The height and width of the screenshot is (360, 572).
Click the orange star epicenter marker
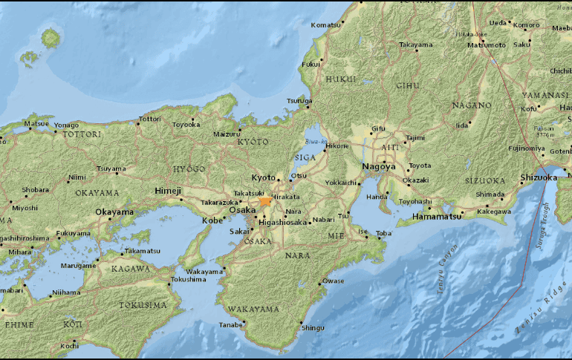tap(265, 201)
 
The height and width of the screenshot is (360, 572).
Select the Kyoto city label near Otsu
tap(263, 178)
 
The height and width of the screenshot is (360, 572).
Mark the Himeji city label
tap(168, 192)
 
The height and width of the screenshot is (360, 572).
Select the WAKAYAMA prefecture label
tap(253, 309)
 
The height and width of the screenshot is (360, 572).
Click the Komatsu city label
tap(325, 24)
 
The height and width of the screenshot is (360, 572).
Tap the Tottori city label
tap(149, 118)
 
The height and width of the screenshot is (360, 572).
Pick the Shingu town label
tap(313, 327)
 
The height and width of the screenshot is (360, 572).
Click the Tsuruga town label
tap(299, 102)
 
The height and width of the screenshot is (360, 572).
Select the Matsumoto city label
tap(485, 45)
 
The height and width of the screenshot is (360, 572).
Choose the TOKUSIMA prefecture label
tap(143, 305)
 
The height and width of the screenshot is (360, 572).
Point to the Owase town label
tap(334, 281)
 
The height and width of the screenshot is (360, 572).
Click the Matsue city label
tap(36, 123)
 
